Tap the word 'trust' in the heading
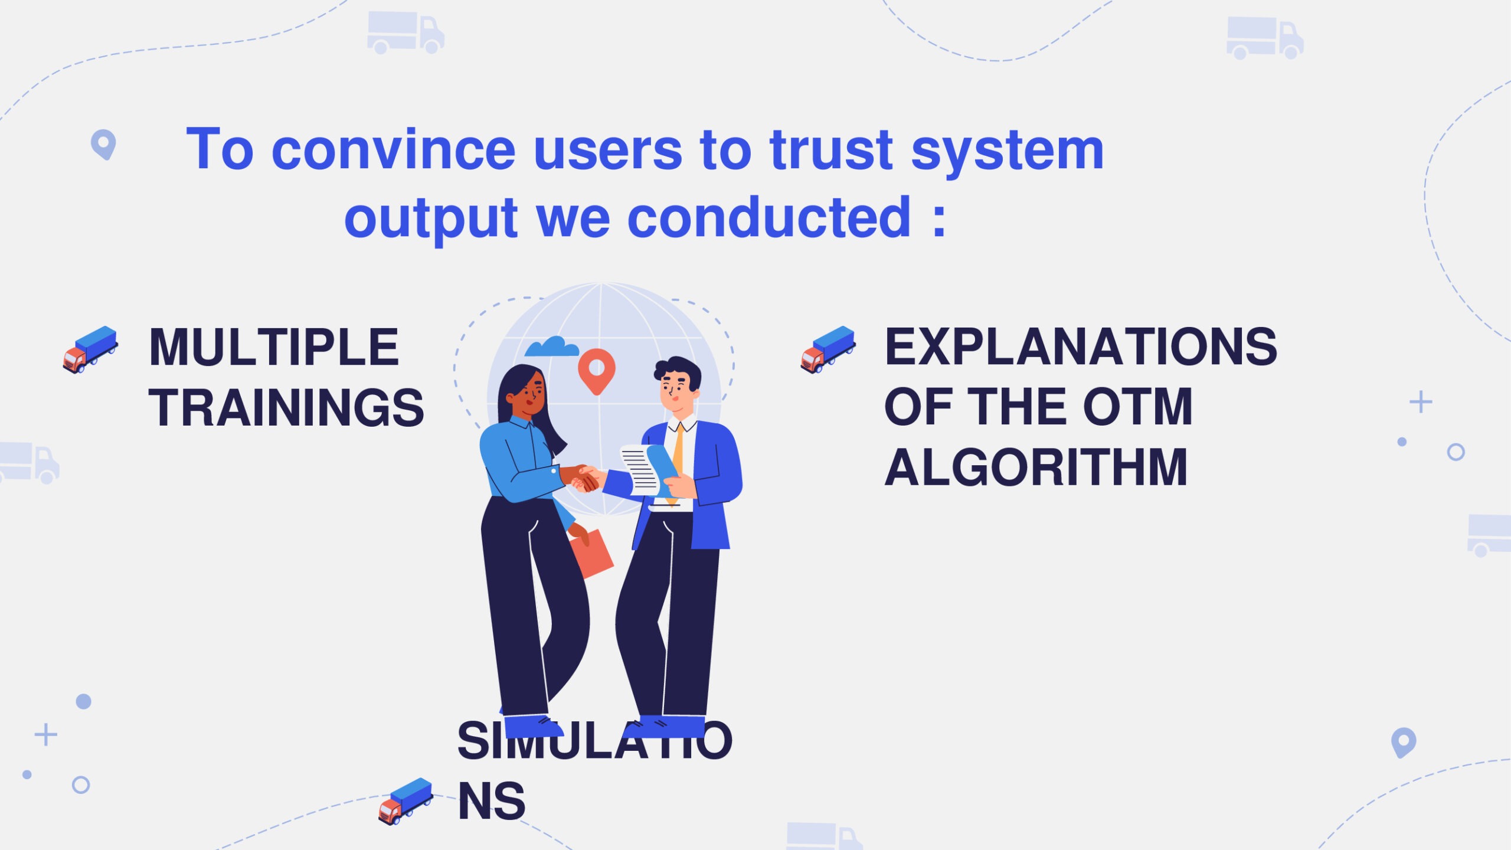pyautogui.click(x=831, y=149)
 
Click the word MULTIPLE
pyautogui.click(x=274, y=347)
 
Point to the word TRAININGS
pyautogui.click(x=286, y=408)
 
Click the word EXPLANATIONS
pyautogui.click(x=1081, y=346)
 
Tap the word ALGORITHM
pyautogui.click(x=1036, y=467)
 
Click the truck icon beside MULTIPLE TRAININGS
pyautogui.click(x=90, y=349)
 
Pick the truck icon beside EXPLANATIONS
pyautogui.click(x=828, y=349)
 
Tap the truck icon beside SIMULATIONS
pyautogui.click(x=405, y=801)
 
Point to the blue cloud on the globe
pyautogui.click(x=552, y=346)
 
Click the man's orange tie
pyautogui.click(x=676, y=464)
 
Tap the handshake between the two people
pyautogui.click(x=584, y=478)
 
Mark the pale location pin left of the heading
pyautogui.click(x=103, y=144)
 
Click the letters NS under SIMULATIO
pyautogui.click(x=492, y=802)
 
